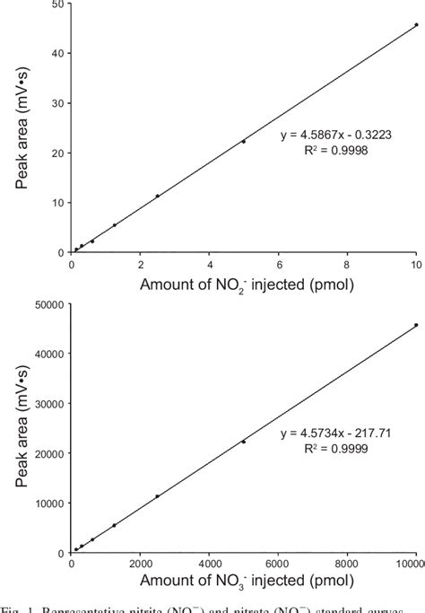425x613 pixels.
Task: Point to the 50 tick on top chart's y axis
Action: pyautogui.click(x=56, y=4)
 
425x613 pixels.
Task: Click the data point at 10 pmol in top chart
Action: pyautogui.click(x=416, y=25)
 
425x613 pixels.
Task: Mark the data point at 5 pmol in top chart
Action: pyautogui.click(x=244, y=141)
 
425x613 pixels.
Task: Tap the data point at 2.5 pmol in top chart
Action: pyautogui.click(x=158, y=196)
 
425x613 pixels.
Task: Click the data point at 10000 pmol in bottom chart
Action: pyautogui.click(x=416, y=325)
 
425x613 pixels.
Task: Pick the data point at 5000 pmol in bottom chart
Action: pyautogui.click(x=244, y=441)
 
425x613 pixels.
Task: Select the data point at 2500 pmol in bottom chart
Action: pyautogui.click(x=158, y=495)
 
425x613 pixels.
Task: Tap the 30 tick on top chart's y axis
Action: pyautogui.click(x=56, y=103)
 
